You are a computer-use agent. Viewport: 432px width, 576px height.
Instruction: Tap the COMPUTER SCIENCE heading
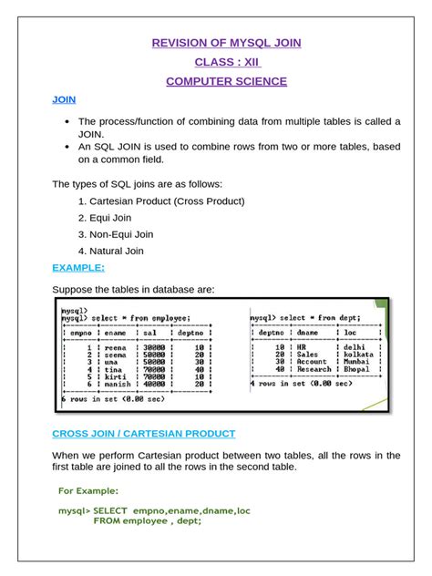pos(226,82)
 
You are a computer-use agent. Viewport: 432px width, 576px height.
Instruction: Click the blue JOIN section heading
pos(64,99)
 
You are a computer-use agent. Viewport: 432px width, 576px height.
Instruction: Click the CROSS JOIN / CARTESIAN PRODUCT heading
pos(143,434)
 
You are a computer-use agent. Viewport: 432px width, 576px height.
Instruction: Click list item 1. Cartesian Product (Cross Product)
pos(161,201)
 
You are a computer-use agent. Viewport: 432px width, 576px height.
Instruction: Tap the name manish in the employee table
pos(114,385)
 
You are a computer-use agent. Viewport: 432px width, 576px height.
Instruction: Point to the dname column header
pos(312,333)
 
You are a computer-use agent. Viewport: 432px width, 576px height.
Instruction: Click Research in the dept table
pos(314,369)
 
